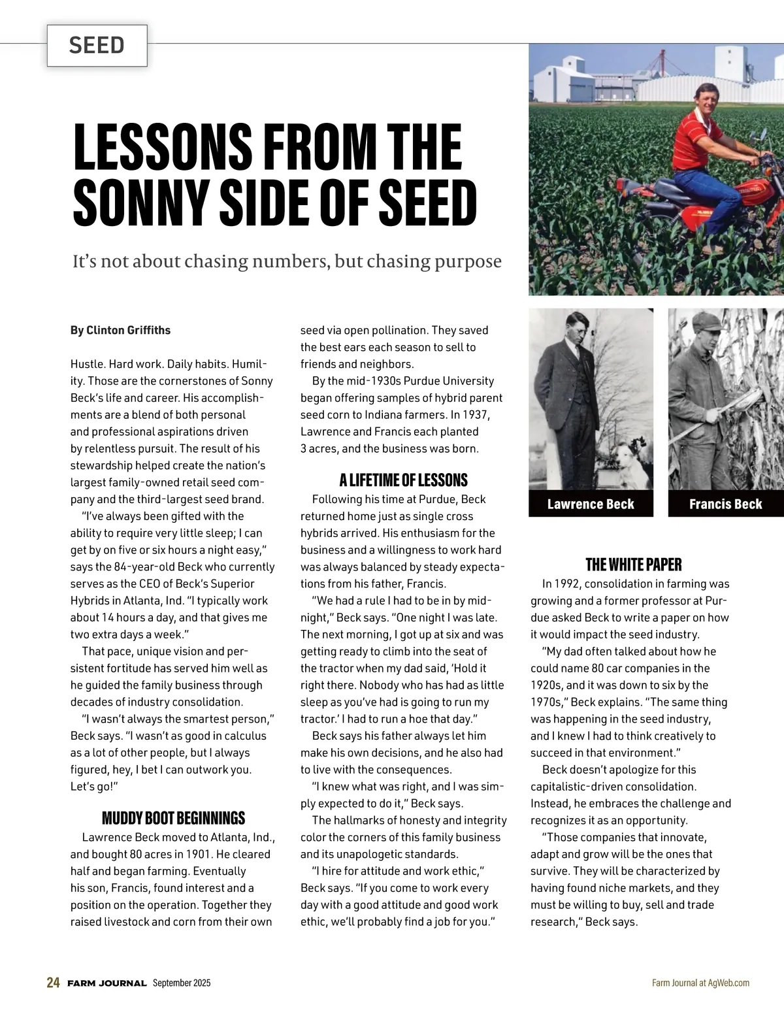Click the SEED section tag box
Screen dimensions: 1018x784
(x=97, y=45)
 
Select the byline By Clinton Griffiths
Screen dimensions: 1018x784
(x=120, y=330)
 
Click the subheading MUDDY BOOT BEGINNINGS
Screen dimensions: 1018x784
(x=173, y=818)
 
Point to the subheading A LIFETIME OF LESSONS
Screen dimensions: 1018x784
(x=403, y=480)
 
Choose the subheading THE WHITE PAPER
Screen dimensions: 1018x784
(x=633, y=565)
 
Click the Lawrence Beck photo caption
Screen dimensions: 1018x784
(x=591, y=504)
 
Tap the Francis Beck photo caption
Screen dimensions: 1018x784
(x=725, y=504)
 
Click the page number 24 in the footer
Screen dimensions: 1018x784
(x=53, y=983)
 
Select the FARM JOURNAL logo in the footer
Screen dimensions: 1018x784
(x=106, y=983)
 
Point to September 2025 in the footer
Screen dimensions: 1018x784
(x=182, y=983)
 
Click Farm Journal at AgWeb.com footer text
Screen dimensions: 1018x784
(x=700, y=983)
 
